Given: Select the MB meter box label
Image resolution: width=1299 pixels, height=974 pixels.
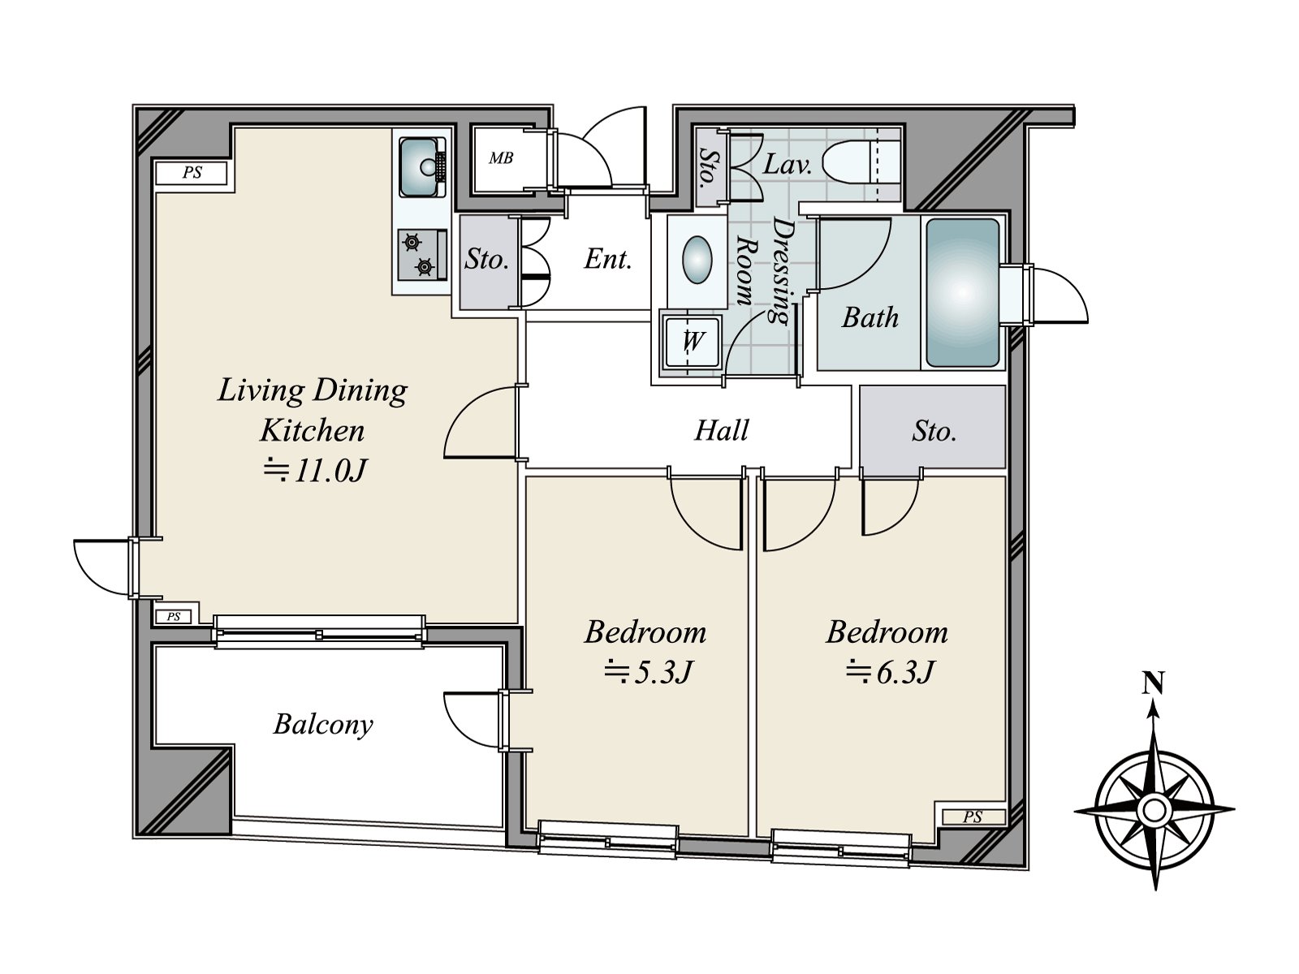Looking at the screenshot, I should tap(501, 158).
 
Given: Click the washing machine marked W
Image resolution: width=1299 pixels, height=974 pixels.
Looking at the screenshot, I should tap(692, 341).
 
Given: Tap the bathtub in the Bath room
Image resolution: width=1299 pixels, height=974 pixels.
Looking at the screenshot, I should tap(962, 292).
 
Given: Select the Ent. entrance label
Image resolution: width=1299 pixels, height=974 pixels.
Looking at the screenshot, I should tap(608, 260).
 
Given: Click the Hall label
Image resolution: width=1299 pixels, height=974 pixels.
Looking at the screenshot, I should tap(721, 430).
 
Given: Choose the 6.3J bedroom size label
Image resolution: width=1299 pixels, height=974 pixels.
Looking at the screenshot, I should tap(890, 672).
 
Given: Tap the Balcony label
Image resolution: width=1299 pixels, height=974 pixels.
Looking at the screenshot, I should tap(323, 724).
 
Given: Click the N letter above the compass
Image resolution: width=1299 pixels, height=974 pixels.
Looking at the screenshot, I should tap(1153, 684).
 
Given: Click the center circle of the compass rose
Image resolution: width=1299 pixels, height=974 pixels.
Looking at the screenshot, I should tap(1154, 809).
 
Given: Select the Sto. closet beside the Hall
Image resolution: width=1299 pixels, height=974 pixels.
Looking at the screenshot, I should tap(934, 430).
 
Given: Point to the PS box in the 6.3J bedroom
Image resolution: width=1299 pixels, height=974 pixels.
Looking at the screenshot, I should tap(972, 817).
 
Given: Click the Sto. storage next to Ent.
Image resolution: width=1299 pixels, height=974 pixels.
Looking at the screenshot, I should tap(487, 260).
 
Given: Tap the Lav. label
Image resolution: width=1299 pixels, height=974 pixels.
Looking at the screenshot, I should tap(788, 166).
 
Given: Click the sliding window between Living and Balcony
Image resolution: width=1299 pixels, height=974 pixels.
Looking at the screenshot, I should tap(319, 633).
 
